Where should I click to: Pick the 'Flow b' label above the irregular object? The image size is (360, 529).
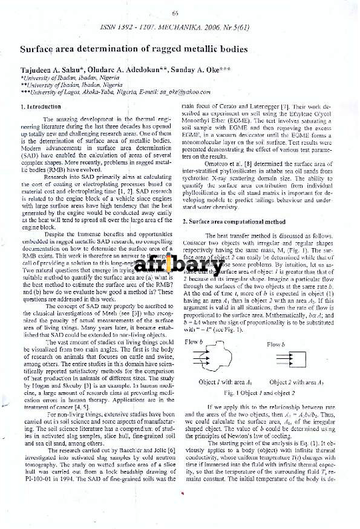click(x=194, y=342)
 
